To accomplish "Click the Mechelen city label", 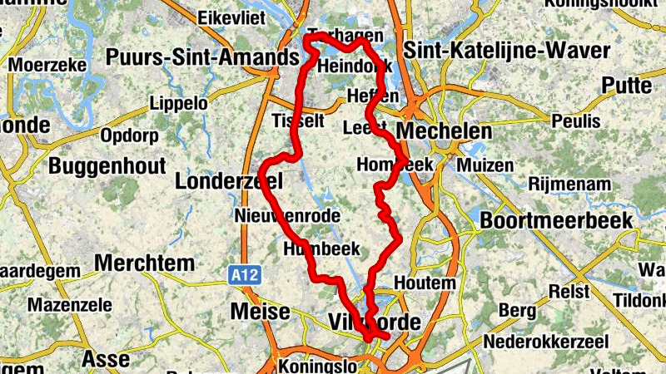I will click(445, 132).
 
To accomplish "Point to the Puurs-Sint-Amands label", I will click(202, 57).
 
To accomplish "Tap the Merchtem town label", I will click(144, 263).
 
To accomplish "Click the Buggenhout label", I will click(107, 165).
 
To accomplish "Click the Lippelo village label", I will click(178, 104).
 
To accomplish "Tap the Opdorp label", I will click(128, 135).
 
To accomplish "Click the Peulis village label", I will click(575, 121).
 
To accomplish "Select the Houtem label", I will click(425, 283).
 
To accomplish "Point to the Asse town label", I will click(106, 360).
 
